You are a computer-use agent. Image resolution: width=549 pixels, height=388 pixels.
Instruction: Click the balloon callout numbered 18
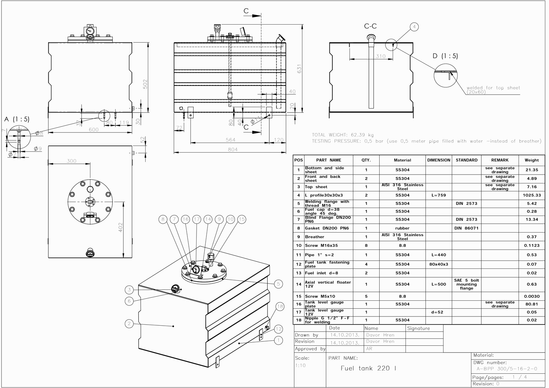(x=280, y=307)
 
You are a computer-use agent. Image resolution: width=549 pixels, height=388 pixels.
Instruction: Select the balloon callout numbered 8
(x=163, y=219)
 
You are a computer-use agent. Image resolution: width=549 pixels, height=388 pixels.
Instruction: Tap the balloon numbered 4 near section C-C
(x=414, y=27)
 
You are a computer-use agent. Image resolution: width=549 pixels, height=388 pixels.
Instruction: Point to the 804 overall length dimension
(x=233, y=149)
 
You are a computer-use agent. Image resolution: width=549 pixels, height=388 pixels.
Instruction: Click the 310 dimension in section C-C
(x=381, y=56)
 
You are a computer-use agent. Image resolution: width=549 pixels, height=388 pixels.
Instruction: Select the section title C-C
(x=370, y=26)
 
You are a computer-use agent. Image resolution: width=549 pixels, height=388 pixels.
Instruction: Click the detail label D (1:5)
(x=445, y=56)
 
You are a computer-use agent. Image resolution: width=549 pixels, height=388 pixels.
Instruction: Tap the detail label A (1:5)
(x=17, y=119)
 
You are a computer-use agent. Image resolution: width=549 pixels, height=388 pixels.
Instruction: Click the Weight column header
(x=531, y=160)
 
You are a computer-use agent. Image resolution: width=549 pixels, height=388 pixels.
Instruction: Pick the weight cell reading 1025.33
(x=531, y=195)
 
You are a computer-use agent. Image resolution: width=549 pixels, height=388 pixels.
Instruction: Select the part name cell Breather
(x=315, y=237)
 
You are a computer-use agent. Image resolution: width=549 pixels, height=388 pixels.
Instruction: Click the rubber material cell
(x=402, y=228)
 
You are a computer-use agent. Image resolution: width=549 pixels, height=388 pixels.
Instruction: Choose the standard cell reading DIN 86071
(x=466, y=228)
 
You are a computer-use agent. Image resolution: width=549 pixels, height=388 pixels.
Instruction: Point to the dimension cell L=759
(x=438, y=195)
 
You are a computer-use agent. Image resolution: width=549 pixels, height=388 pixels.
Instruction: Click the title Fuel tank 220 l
(x=368, y=368)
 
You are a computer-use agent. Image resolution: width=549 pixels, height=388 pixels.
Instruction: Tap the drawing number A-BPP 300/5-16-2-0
(x=507, y=369)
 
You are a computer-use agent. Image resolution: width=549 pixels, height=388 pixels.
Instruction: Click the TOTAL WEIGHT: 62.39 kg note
(x=343, y=135)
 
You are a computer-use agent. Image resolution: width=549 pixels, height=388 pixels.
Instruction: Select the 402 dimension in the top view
(x=120, y=227)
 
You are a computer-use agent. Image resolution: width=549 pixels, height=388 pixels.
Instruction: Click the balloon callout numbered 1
(x=279, y=340)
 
